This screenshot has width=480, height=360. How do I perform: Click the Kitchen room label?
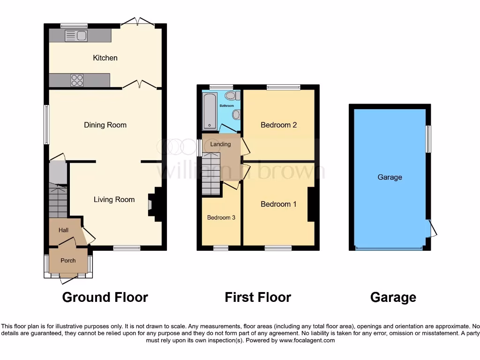[x=105, y=58]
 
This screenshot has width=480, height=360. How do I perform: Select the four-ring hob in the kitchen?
[x=77, y=80]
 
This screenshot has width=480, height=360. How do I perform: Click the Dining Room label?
[x=105, y=125]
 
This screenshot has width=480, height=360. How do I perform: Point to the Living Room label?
[x=114, y=199]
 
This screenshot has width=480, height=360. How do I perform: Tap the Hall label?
[x=63, y=230]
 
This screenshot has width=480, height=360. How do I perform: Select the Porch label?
[x=68, y=261]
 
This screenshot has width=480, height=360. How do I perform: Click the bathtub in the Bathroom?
[x=208, y=111]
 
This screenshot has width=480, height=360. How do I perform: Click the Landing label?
[x=220, y=144]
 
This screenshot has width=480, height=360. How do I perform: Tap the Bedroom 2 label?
[x=278, y=125]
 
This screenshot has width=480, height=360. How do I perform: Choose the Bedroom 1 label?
[x=278, y=204]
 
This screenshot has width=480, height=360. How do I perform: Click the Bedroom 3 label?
[x=221, y=217]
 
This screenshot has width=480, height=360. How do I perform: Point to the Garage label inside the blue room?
[x=390, y=177]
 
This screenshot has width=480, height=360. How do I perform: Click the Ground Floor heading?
[x=105, y=297]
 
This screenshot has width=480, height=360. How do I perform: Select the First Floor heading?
[x=258, y=297]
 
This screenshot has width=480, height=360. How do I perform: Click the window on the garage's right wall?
[x=428, y=139]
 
